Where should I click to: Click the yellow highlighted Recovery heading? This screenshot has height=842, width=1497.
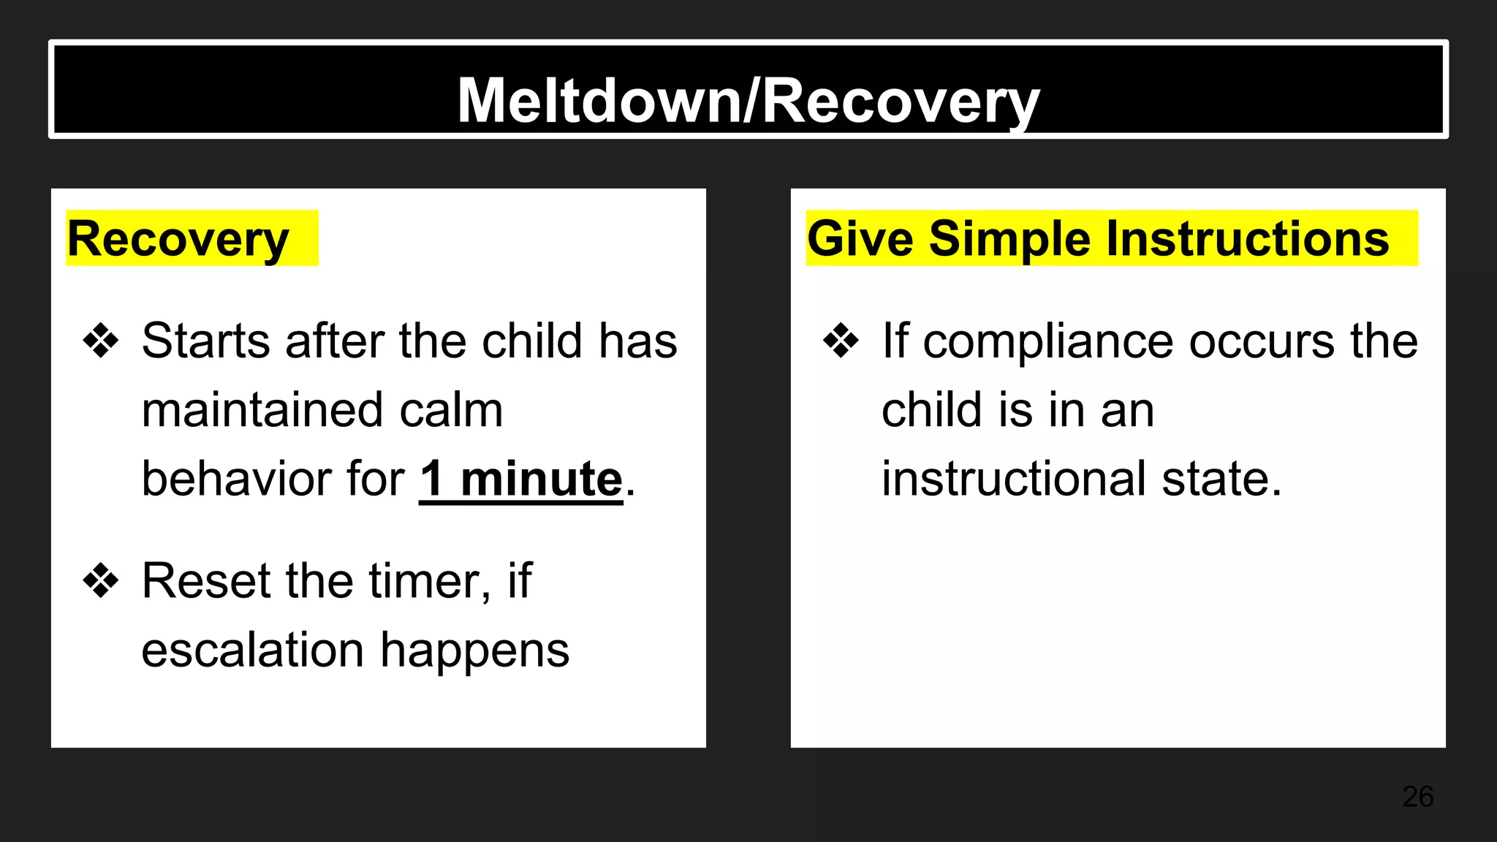click(x=178, y=239)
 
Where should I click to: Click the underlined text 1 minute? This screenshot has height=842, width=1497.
click(x=520, y=479)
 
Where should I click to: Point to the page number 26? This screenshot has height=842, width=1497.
click(x=1417, y=797)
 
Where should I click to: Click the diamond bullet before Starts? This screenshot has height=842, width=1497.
click(x=101, y=341)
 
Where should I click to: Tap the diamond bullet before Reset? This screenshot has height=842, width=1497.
click(x=101, y=582)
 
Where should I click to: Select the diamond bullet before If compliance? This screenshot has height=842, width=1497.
click(x=841, y=341)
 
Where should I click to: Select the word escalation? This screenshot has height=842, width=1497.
click(x=252, y=650)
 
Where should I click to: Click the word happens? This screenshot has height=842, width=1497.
click(x=474, y=650)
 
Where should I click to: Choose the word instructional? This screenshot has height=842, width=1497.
click(x=1014, y=479)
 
